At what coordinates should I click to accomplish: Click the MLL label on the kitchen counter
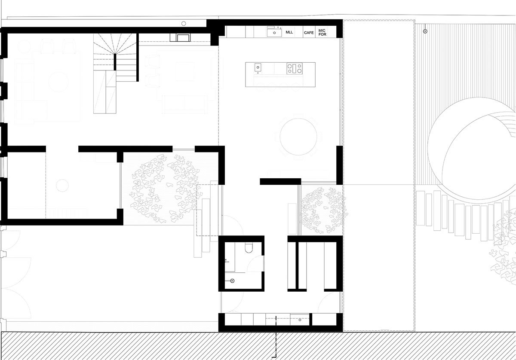click(x=289, y=33)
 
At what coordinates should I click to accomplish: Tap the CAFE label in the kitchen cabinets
click(x=309, y=33)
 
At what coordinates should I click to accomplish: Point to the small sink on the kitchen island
click(x=258, y=67)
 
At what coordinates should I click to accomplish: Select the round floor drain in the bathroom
click(x=232, y=281)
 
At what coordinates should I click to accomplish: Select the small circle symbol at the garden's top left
click(x=425, y=31)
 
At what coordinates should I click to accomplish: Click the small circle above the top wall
click(x=184, y=22)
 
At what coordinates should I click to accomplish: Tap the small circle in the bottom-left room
click(x=63, y=185)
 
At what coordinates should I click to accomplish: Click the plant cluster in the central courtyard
click(x=163, y=185)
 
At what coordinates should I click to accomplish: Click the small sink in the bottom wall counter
click(x=300, y=319)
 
